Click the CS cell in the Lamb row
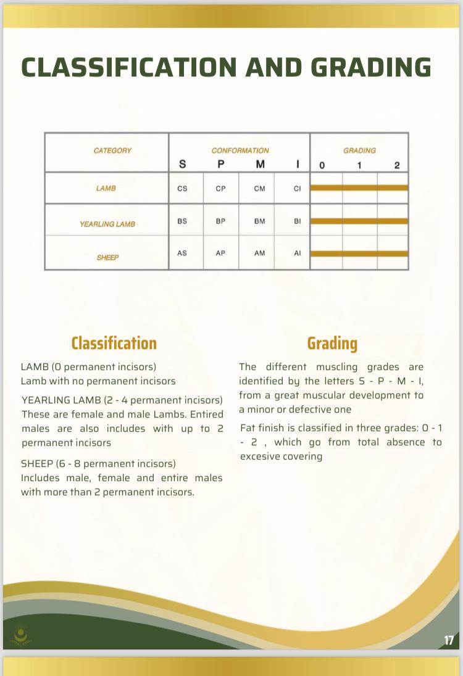click(182, 188)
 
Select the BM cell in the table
click(259, 220)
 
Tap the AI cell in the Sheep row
click(297, 253)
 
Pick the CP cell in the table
click(220, 188)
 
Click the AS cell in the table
click(182, 253)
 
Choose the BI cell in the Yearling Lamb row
click(297, 220)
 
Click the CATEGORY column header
click(112, 150)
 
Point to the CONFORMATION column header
click(240, 150)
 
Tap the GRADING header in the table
click(359, 150)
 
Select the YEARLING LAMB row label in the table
click(107, 224)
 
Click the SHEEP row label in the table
click(107, 257)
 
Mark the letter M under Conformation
click(260, 165)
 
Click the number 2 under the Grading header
click(397, 165)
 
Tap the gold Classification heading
click(114, 343)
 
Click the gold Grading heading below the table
click(332, 343)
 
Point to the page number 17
click(449, 640)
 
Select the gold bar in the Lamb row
click(359, 188)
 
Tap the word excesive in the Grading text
click(264, 456)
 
